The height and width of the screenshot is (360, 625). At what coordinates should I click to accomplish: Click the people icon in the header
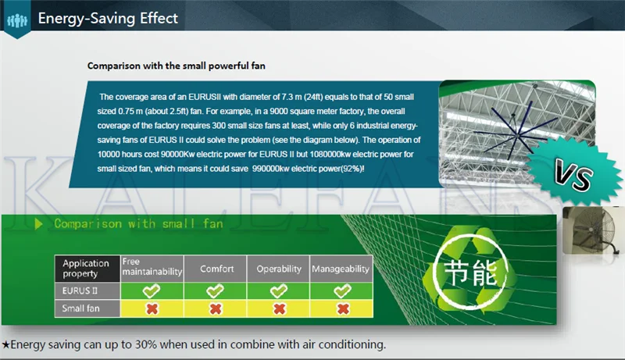[x=17, y=20]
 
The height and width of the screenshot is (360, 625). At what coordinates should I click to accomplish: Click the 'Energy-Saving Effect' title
[x=108, y=18]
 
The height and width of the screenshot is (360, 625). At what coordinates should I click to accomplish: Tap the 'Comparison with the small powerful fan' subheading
[x=177, y=66]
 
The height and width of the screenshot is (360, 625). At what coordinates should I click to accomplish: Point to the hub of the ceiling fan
[x=517, y=136]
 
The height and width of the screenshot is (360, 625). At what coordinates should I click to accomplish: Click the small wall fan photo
[x=591, y=230]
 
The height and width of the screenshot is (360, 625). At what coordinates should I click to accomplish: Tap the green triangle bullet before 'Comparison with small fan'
[x=38, y=224]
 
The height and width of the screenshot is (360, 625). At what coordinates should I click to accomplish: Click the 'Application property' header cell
[x=87, y=269]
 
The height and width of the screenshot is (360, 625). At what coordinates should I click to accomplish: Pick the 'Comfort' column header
[x=216, y=269]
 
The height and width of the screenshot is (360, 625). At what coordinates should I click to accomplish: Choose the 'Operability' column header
[x=279, y=269]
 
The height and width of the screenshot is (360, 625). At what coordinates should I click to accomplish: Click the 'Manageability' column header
[x=341, y=269]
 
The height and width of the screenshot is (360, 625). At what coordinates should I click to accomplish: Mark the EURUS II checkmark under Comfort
[x=216, y=291]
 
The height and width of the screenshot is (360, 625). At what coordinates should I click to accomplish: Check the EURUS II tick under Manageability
[x=342, y=291]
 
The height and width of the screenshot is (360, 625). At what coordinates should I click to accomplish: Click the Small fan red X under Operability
[x=280, y=308]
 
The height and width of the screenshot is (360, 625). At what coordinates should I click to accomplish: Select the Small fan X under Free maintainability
[x=152, y=308]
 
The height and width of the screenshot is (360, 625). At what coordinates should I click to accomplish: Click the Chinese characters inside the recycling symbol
[x=470, y=273]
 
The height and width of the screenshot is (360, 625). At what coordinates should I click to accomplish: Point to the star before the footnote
[x=5, y=344]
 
